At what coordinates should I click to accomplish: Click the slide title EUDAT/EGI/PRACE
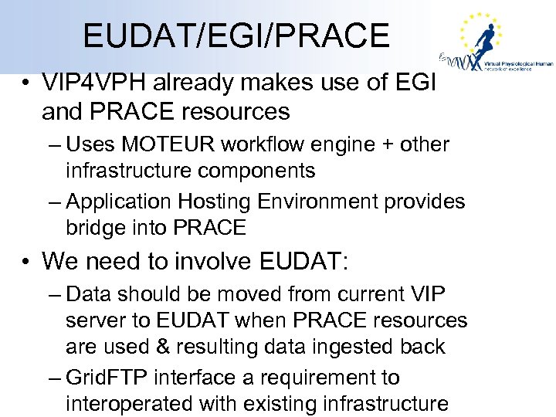click(x=236, y=36)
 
